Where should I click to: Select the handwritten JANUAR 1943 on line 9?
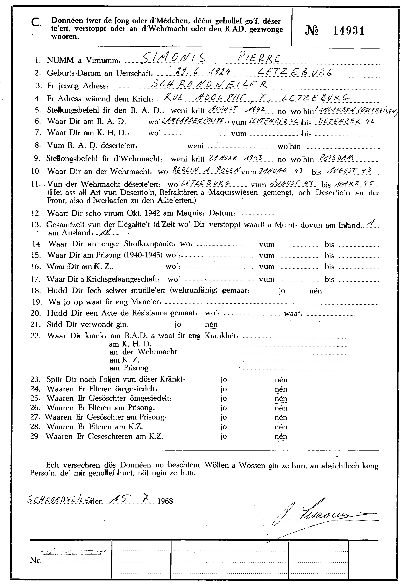click(x=235, y=158)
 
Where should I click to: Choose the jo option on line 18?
click(x=282, y=291)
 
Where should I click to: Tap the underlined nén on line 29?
click(x=281, y=437)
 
